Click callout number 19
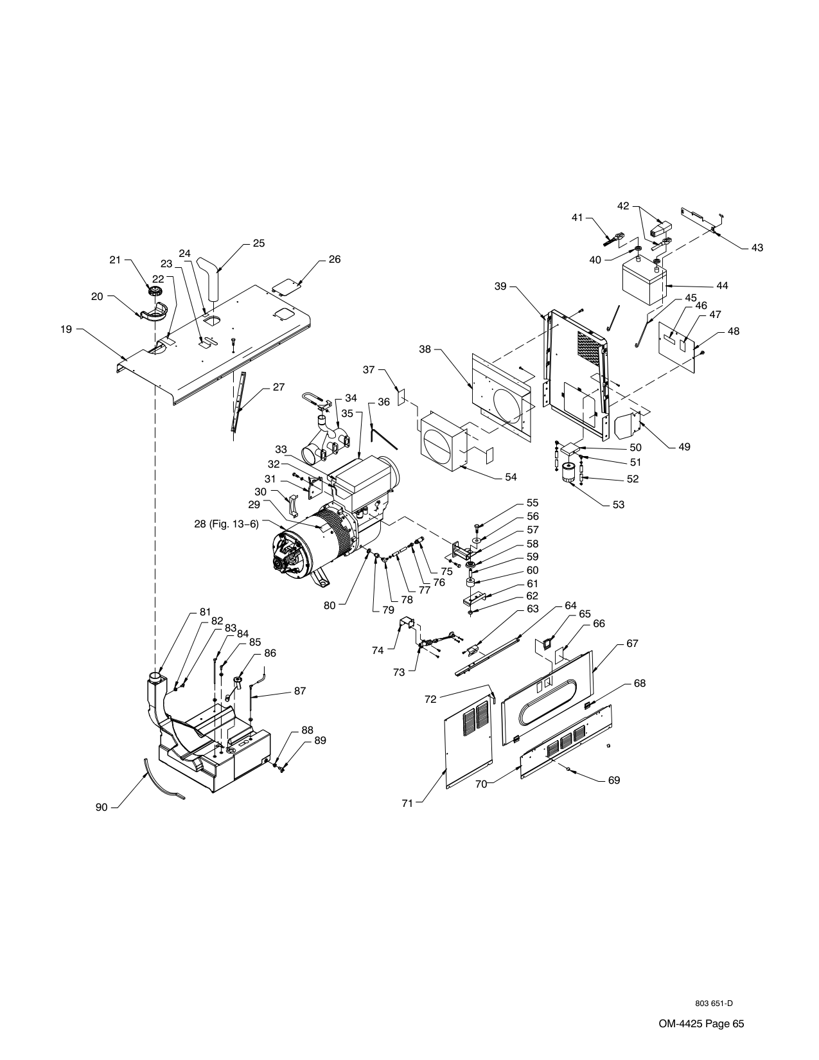pyautogui.click(x=66, y=330)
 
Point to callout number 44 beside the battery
pyautogui.click(x=722, y=286)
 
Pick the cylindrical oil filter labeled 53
pyautogui.click(x=568, y=473)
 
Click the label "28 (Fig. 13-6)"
pyautogui.click(x=226, y=524)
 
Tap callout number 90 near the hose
pyautogui.click(x=101, y=808)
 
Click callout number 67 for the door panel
pyautogui.click(x=632, y=644)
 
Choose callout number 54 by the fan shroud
pyautogui.click(x=511, y=477)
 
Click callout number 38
pyautogui.click(x=425, y=349)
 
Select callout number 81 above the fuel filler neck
pyautogui.click(x=206, y=612)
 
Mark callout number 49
pyautogui.click(x=684, y=447)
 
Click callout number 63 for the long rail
pyautogui.click(x=533, y=609)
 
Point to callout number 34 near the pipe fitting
pyautogui.click(x=351, y=398)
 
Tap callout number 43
pyautogui.click(x=757, y=248)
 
